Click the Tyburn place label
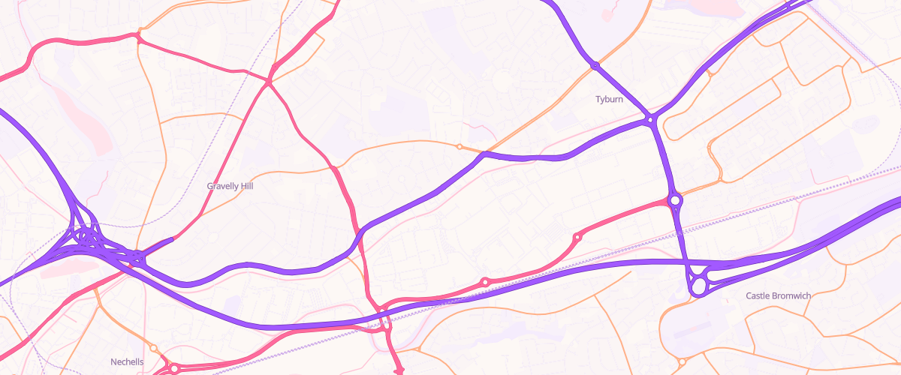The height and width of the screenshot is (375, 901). pos(609,99)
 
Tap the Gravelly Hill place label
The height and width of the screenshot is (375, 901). pos(230,185)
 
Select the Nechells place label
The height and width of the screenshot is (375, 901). pos(127,361)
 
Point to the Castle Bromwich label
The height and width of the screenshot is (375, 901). pos(778,295)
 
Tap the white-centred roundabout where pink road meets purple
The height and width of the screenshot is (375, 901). pos(675,200)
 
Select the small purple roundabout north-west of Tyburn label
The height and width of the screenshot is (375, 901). pos(595,66)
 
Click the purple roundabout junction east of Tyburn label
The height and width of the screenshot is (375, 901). pos(651,118)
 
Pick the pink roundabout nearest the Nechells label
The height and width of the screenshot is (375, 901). pos(175,368)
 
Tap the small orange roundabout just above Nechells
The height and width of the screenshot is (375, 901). pos(153,348)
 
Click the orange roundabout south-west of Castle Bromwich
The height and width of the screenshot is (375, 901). pos(682,361)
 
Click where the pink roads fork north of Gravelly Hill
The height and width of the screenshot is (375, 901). pos(269,80)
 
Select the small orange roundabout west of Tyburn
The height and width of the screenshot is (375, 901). pos(460,146)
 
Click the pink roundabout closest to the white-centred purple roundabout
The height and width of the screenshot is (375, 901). pos(577,237)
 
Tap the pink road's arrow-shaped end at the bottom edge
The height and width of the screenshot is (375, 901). pos(399,370)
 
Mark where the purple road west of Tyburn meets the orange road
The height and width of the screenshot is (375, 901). pos(484,154)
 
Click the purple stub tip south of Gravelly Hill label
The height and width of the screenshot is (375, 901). pos(172,239)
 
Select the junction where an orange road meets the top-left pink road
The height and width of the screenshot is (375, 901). pos(138,35)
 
